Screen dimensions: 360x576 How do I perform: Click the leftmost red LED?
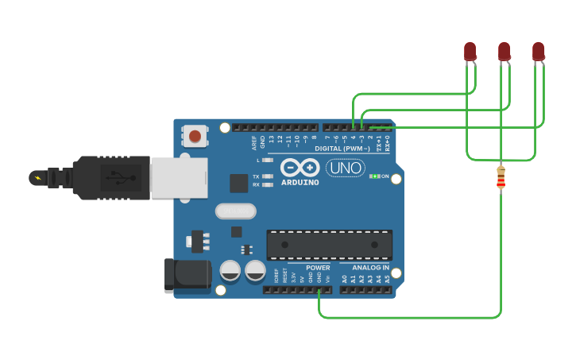[470, 52]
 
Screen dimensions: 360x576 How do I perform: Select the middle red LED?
[504, 52]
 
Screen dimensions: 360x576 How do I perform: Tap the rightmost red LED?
[538, 52]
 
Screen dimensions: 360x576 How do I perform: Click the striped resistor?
[501, 177]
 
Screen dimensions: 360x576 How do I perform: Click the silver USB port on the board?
[179, 176]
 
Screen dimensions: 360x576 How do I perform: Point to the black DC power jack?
[187, 275]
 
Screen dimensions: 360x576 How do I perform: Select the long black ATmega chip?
[329, 245]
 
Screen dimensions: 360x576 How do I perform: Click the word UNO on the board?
[346, 168]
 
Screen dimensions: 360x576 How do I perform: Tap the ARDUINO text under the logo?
[300, 183]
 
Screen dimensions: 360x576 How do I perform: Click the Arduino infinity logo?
[300, 168]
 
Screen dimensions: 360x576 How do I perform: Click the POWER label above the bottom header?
[318, 268]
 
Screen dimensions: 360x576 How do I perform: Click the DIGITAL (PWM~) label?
[342, 149]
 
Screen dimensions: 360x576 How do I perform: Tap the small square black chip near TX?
[239, 183]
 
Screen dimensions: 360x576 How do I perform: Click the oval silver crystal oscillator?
[236, 211]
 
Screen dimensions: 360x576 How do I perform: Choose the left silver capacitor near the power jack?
[230, 271]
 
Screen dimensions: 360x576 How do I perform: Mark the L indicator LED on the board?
[268, 160]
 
